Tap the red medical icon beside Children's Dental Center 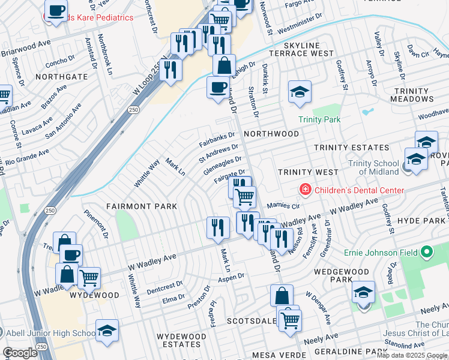click(x=306, y=190)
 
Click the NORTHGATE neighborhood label click(x=61, y=77)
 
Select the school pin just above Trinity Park click(x=299, y=92)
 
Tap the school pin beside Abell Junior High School click(x=107, y=331)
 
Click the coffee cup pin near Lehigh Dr click(x=217, y=88)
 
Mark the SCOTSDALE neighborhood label click(x=250, y=322)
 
